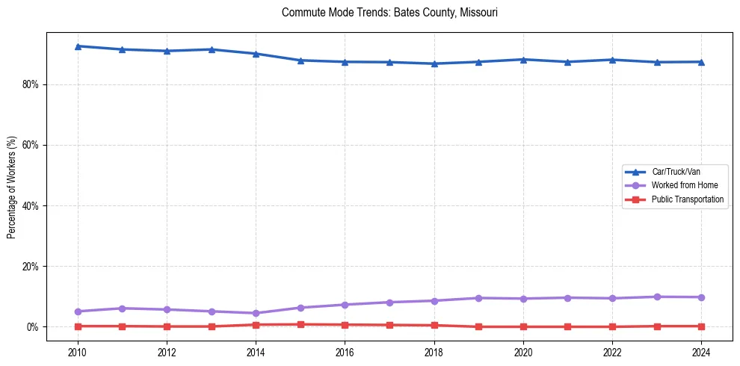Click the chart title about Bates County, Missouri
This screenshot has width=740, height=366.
tap(389, 13)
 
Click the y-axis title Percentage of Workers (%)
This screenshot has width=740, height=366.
tap(11, 187)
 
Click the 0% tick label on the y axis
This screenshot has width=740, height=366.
tap(31, 327)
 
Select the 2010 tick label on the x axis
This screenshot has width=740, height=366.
tap(77, 352)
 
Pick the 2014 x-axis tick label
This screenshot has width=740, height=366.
tap(256, 352)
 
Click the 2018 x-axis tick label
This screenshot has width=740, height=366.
tap(434, 352)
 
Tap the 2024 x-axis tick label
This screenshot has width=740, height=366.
tap(702, 352)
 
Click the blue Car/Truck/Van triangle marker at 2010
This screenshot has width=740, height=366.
tap(77, 46)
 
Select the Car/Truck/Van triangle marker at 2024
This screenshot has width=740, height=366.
tap(702, 62)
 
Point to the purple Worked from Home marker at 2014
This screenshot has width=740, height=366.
tap(256, 313)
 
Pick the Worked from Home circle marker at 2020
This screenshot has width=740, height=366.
tap(523, 299)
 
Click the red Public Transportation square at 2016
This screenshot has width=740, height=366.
tap(345, 325)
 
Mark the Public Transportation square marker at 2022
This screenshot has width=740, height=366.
tap(613, 326)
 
